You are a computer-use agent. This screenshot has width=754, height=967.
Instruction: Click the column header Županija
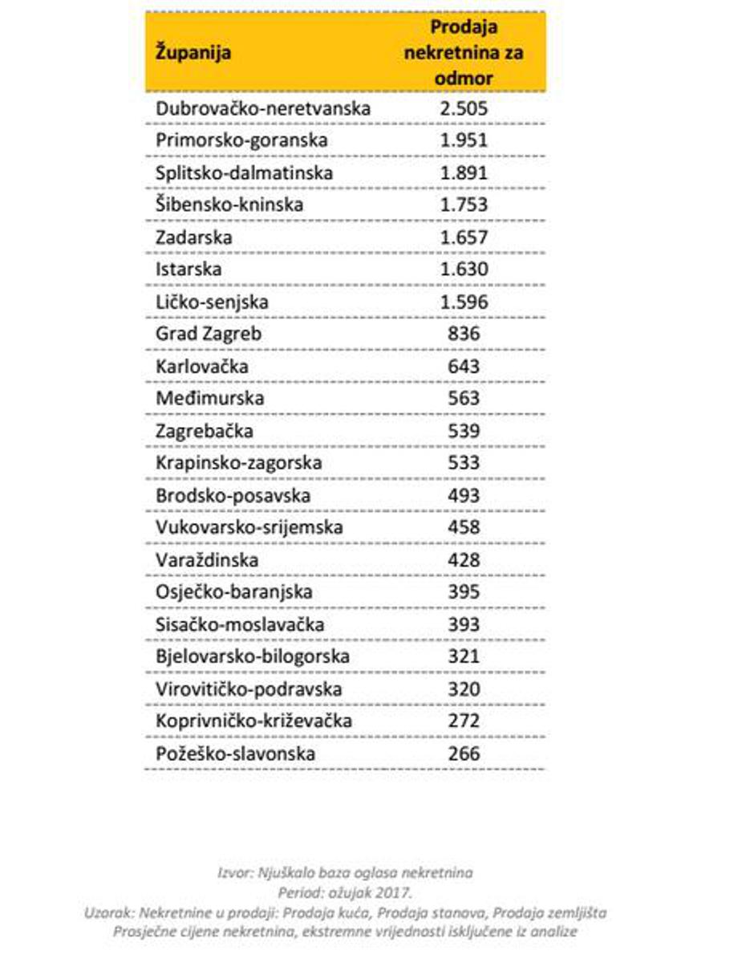(193, 54)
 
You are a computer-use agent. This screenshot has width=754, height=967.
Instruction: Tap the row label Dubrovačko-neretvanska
(263, 108)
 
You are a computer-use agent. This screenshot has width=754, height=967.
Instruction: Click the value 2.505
(464, 108)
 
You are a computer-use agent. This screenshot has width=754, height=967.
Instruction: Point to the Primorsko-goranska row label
(242, 140)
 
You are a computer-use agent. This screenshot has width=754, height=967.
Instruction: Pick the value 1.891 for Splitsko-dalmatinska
(464, 173)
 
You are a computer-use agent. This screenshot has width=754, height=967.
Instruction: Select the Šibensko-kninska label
(229, 205)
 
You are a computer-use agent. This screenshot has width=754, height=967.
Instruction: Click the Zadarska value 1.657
(464, 238)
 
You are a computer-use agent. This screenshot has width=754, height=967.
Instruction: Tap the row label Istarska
(188, 270)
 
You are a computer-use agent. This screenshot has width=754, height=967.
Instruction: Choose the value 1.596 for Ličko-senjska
(464, 302)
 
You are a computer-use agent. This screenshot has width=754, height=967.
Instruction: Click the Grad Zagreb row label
(209, 334)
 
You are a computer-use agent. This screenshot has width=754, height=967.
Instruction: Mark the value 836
(464, 334)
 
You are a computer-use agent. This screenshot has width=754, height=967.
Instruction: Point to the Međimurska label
(209, 398)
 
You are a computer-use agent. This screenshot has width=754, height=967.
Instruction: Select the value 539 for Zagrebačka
(464, 431)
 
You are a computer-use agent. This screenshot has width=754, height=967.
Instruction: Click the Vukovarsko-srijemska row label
(249, 527)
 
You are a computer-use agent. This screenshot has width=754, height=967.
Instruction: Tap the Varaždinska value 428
(464, 559)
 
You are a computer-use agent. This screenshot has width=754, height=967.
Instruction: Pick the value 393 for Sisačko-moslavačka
(464, 624)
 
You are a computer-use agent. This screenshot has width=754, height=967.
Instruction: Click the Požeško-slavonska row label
(236, 754)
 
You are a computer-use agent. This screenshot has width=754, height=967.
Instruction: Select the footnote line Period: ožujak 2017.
(345, 892)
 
